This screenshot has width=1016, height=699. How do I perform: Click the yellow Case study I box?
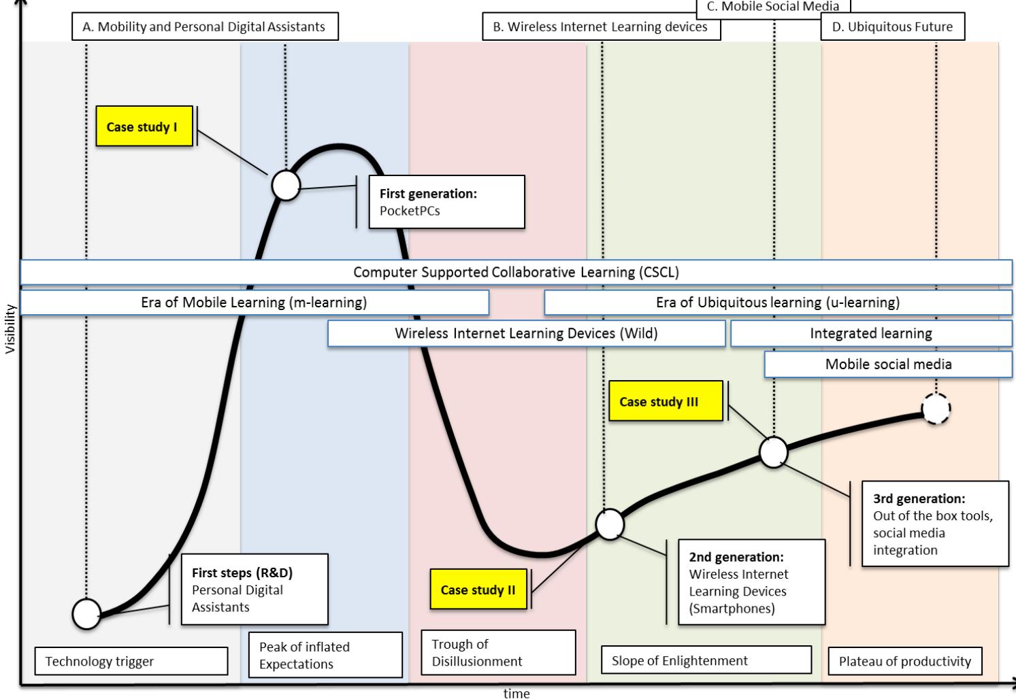click(144, 126)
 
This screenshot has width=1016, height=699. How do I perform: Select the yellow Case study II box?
click(478, 590)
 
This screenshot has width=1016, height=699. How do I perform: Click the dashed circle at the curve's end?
click(936, 409)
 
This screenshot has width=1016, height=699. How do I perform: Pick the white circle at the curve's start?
click(86, 613)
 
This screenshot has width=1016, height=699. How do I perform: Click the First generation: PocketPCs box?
click(446, 202)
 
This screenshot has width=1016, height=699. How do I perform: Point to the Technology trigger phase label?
click(131, 661)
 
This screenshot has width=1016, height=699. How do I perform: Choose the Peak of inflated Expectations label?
click(325, 655)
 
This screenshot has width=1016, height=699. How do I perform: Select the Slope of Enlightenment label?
click(706, 660)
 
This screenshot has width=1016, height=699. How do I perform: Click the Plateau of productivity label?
click(904, 661)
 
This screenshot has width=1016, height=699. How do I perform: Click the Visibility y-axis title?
click(10, 329)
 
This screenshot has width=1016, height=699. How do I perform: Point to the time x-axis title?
click(516, 693)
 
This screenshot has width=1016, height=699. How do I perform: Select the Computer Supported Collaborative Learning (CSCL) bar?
click(516, 272)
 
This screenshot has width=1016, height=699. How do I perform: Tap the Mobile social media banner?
click(888, 364)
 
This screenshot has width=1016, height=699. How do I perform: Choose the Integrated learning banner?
click(870, 333)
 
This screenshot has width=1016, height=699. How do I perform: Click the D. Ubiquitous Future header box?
click(892, 27)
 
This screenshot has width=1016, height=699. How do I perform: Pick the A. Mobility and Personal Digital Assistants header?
click(204, 27)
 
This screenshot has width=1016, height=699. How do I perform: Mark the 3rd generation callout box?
click(935, 524)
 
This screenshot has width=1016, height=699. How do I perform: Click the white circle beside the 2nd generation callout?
click(610, 524)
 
